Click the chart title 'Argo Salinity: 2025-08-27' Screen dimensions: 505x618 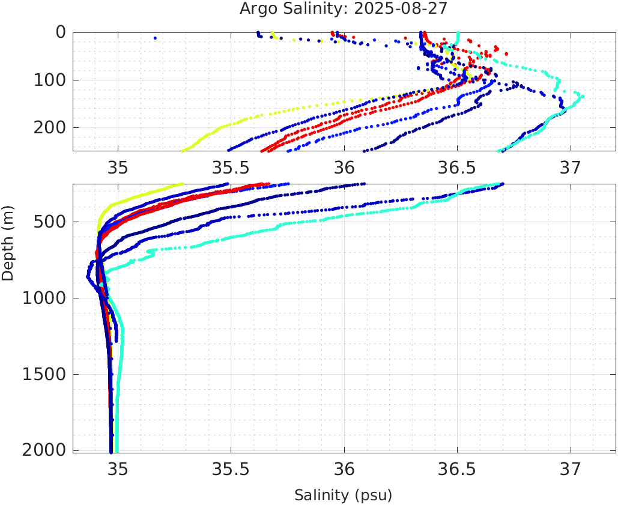point(343,9)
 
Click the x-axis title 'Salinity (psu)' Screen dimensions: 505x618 point(343,495)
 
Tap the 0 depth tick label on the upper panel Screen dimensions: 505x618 point(61,32)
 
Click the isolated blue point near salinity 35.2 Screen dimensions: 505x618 point(155,38)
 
